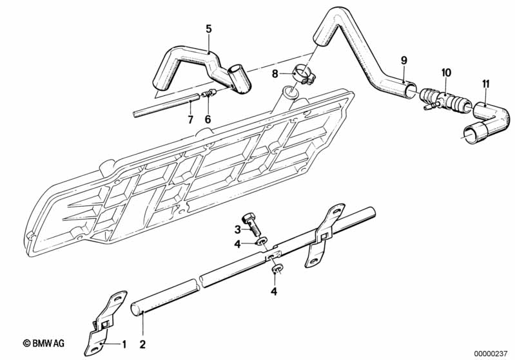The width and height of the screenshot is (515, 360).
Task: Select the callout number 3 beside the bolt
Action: point(238,230)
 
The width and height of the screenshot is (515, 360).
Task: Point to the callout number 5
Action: point(208,28)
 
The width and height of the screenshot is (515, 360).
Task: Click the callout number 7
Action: point(190,120)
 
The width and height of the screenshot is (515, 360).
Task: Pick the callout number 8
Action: point(275,74)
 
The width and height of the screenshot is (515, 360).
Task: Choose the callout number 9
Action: point(404,61)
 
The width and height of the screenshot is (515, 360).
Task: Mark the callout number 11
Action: point(486,83)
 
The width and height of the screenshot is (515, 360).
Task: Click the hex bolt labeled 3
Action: point(251,225)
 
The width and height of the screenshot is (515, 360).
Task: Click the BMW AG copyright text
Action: point(48,344)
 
